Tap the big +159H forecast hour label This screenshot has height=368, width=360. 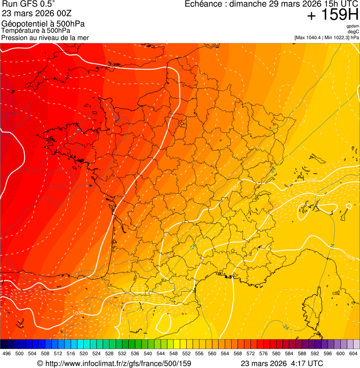[332, 15]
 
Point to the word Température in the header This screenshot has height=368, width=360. [21, 31]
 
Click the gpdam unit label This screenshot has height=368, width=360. [353, 26]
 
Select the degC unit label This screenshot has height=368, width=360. [353, 32]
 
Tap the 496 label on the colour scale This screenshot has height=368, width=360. [7, 354]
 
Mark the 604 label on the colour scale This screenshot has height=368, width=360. [353, 354]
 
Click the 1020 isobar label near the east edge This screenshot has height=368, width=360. [349, 257]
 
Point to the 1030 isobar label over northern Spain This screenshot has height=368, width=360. [78, 312]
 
